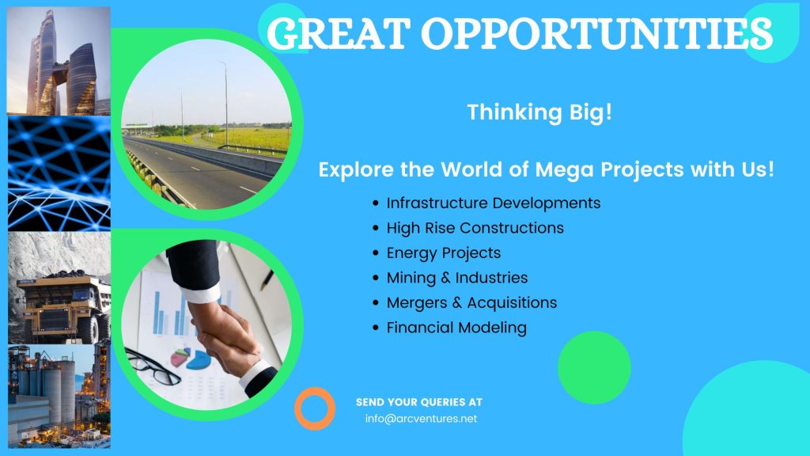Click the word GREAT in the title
339,33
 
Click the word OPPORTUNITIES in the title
596,33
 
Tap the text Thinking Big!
539,112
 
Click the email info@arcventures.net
421,418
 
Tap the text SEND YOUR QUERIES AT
419,401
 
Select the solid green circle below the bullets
594,367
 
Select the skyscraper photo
59,60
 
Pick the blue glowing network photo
59,173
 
